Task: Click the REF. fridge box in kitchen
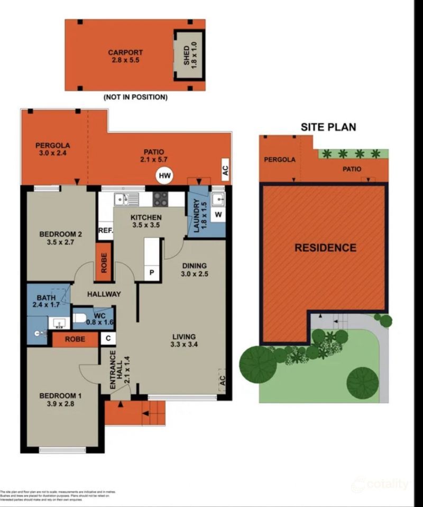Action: pyautogui.click(x=105, y=230)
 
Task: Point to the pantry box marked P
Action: pyautogui.click(x=152, y=273)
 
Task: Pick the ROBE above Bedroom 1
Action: pyautogui.click(x=75, y=339)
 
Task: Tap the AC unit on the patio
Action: pyautogui.click(x=225, y=169)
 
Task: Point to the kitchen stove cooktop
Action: pyautogui.click(x=161, y=199)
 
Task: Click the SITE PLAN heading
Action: pyautogui.click(x=328, y=127)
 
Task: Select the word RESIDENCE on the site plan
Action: pyautogui.click(x=325, y=248)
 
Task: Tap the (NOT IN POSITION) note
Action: pyautogui.click(x=136, y=97)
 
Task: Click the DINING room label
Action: pyautogui.click(x=194, y=269)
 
